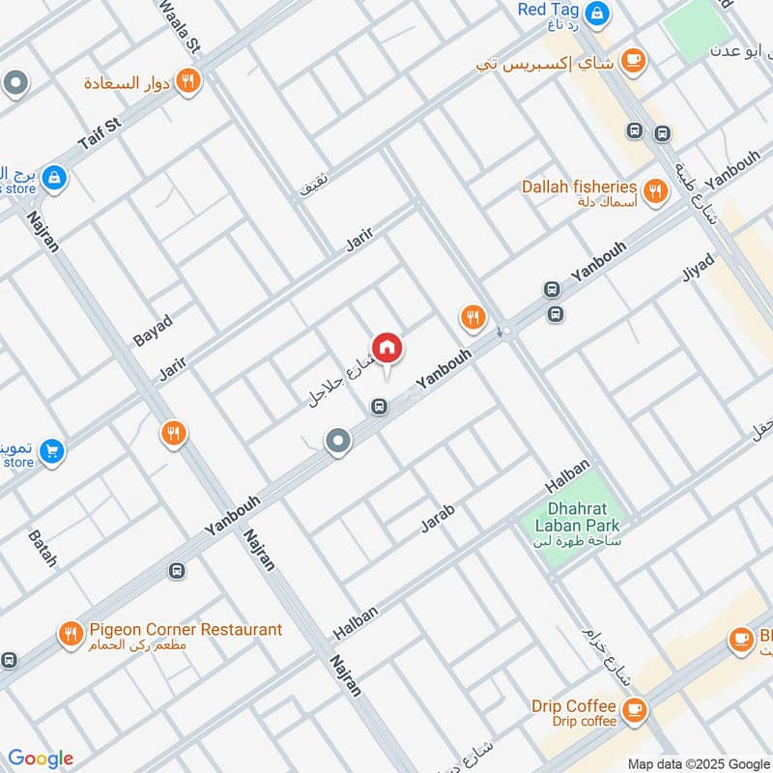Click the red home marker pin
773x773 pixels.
pyautogui.click(x=386, y=349)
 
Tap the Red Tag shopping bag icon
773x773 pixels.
pyautogui.click(x=598, y=13)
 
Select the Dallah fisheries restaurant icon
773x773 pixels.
pyautogui.click(x=656, y=190)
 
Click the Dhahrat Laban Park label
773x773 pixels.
pyautogui.click(x=570, y=516)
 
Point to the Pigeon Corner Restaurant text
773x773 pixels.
pyautogui.click(x=186, y=630)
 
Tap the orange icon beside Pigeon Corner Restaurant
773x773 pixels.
pyautogui.click(x=70, y=634)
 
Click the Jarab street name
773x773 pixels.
pyautogui.click(x=437, y=518)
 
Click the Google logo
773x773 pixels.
pyautogui.click(x=41, y=759)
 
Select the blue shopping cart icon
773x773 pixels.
pyautogui.click(x=51, y=449)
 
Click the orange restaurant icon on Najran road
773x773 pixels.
pyautogui.click(x=173, y=434)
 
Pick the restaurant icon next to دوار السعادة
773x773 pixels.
pyautogui.click(x=188, y=81)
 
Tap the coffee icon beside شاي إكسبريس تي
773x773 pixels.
pyautogui.click(x=633, y=60)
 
